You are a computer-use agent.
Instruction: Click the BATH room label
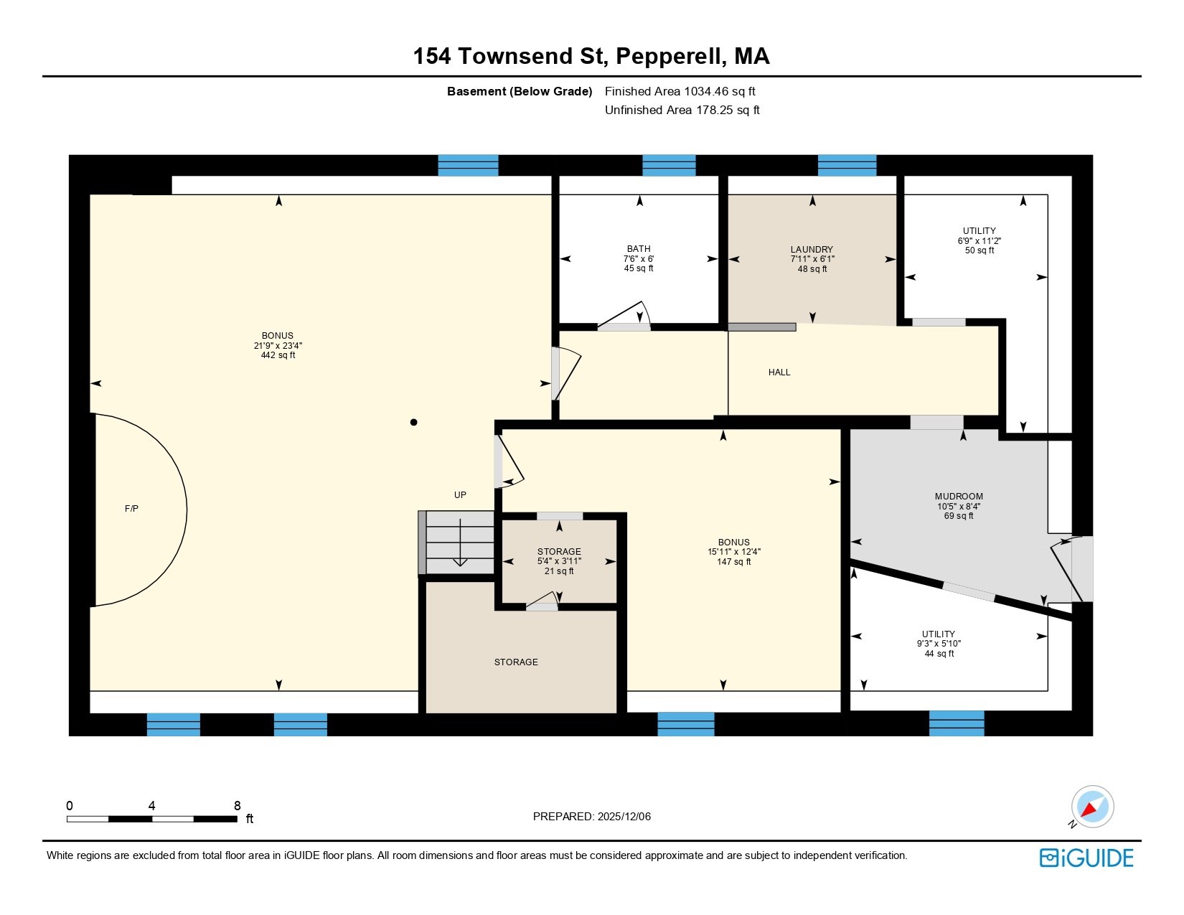638,249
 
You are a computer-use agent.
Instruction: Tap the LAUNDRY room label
812,250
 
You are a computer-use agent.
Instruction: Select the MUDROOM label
958,497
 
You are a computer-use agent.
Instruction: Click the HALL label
779,372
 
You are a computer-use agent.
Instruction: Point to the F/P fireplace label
131,509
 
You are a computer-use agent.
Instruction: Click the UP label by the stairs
460,495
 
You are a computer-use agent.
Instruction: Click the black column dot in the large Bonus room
413,423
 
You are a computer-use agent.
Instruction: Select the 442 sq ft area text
278,355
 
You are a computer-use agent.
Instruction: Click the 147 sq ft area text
733,562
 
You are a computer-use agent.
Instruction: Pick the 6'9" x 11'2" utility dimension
979,241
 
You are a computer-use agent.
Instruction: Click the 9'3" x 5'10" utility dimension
938,644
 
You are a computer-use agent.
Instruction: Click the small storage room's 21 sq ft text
559,571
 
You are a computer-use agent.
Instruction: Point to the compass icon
1091,807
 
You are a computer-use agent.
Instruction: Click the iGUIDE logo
1086,858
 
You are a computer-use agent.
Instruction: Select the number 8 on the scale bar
238,806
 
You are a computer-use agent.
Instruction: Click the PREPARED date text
591,817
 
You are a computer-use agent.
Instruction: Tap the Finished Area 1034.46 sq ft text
680,91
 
